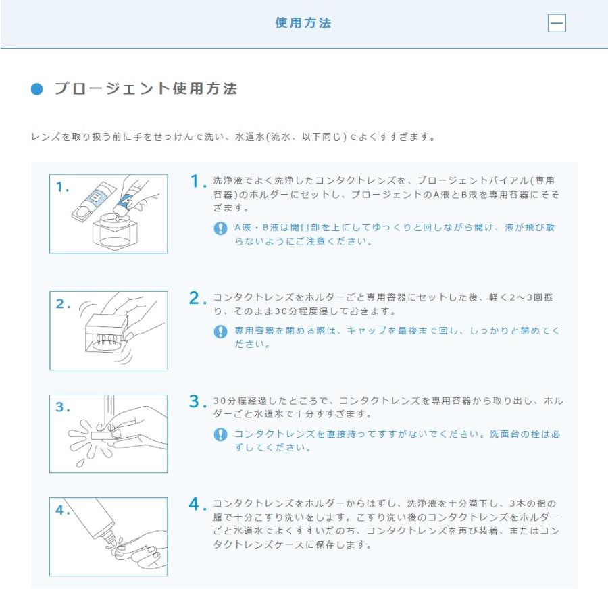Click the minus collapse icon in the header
pos(557,24)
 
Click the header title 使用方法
pos(303,23)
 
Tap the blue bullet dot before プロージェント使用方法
pos(37,90)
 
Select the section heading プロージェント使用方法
pos(145,89)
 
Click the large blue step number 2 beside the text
pos(197,299)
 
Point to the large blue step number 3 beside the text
pos(197,402)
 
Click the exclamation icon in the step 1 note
pos(220,228)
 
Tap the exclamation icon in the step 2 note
pos(220,332)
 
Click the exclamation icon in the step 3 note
pos(220,434)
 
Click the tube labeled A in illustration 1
pos(126,197)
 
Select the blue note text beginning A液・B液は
pos(395,234)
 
